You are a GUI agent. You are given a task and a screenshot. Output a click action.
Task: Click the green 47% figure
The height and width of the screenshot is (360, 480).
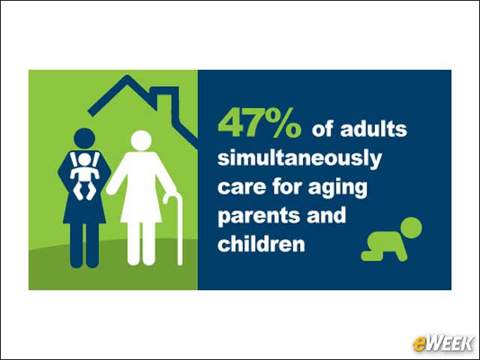tap(259, 122)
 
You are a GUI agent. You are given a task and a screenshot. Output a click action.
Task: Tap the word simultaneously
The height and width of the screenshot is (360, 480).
tap(300, 159)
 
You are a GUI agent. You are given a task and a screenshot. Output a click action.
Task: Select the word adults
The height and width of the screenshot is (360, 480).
tap(373, 129)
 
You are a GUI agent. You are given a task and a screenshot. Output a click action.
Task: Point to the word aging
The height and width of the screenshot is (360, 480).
tap(337, 188)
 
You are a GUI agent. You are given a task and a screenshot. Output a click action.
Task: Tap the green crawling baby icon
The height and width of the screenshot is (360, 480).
tap(391, 239)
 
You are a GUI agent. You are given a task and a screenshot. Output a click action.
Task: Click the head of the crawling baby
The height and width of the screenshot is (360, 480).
tap(410, 228)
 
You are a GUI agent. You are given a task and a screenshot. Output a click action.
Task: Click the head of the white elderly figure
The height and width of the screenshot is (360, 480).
tap(141, 140)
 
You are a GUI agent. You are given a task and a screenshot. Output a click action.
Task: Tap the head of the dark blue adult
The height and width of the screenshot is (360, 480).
tap(85, 139)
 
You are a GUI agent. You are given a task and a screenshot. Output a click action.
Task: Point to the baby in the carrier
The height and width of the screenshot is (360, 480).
tap(85, 175)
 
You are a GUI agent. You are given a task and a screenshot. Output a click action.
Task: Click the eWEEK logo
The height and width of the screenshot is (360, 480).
tap(443, 343)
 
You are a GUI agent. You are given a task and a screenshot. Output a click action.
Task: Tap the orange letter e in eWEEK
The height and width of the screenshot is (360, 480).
tap(419, 344)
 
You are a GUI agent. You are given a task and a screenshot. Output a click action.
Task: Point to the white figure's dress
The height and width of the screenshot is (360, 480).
tap(141, 187)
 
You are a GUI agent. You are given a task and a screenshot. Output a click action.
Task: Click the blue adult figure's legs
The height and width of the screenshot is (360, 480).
tap(85, 245)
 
